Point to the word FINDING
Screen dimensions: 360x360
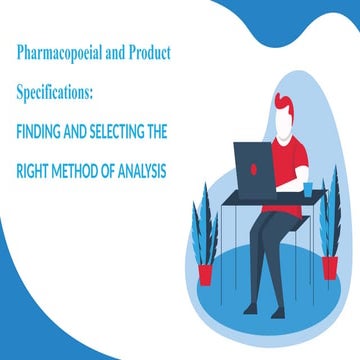(x=45, y=130)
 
